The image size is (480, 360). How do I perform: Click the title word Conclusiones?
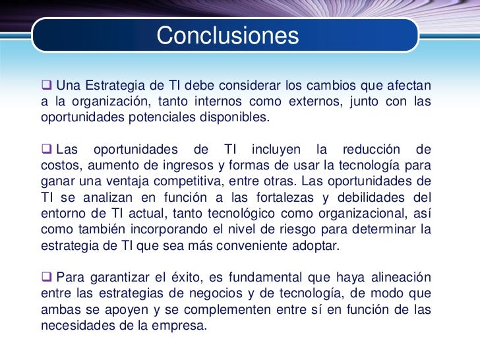pos(227,35)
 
